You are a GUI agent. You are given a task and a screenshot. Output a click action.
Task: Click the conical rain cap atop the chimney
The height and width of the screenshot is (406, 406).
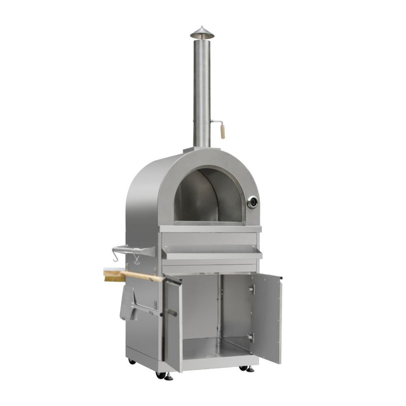(x=202, y=32)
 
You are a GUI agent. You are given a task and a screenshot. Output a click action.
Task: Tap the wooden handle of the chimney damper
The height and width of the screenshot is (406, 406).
(x=222, y=131)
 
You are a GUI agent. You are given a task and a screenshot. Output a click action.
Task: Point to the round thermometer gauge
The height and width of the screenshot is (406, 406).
(x=252, y=202)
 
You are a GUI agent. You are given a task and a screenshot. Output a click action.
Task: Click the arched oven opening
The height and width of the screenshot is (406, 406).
(x=208, y=195)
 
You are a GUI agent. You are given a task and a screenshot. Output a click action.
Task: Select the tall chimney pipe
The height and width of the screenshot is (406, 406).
(x=201, y=91)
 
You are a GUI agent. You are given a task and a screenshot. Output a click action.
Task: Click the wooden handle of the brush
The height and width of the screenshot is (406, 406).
(x=145, y=276)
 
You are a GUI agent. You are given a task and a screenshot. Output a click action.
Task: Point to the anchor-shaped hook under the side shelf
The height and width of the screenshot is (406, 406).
(x=136, y=259)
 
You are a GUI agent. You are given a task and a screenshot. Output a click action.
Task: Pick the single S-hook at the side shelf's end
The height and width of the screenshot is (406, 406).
(x=116, y=257)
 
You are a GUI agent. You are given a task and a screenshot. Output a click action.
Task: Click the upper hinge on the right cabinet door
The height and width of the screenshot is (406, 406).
(x=251, y=290)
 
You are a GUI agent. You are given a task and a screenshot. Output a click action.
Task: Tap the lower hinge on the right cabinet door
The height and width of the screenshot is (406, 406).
(x=250, y=337)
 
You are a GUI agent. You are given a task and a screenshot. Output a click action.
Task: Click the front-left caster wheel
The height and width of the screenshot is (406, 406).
(x=167, y=376)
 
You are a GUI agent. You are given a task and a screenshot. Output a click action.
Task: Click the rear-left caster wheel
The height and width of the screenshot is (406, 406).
(x=132, y=361)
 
